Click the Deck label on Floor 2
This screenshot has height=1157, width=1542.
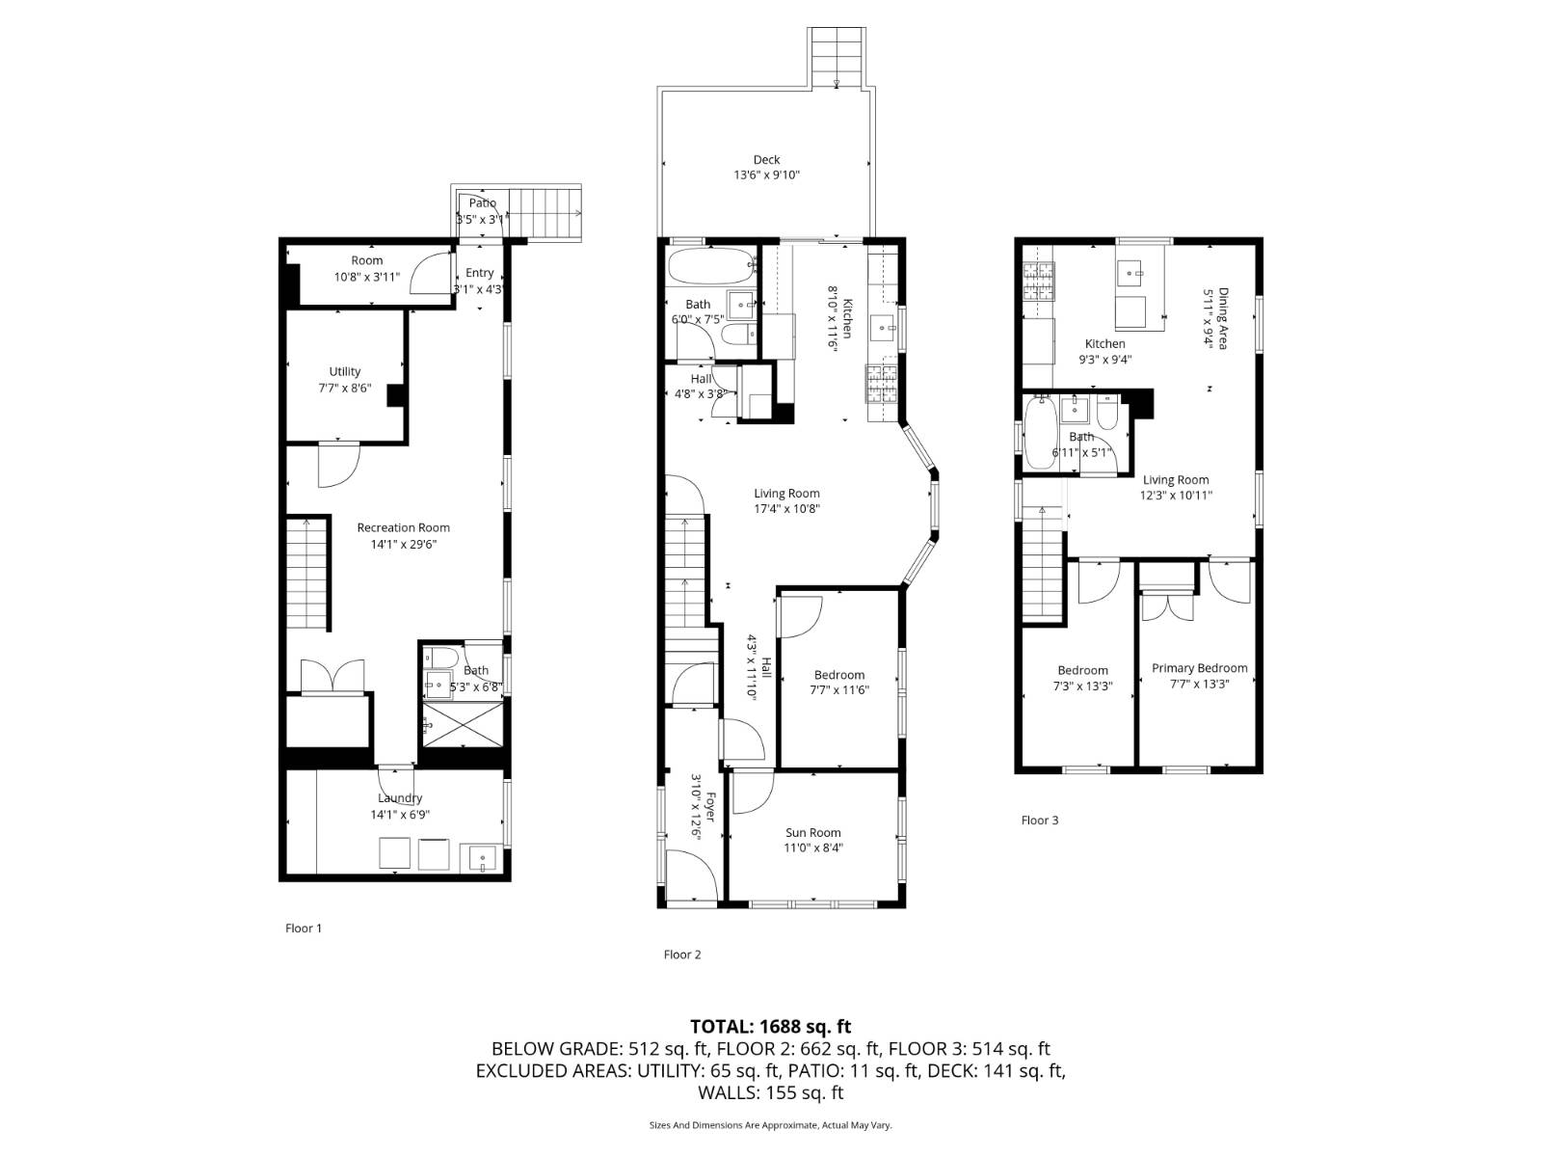pyautogui.click(x=766, y=160)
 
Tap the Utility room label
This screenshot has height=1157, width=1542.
pyautogui.click(x=344, y=371)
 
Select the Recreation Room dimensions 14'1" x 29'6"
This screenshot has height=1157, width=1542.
pyautogui.click(x=403, y=544)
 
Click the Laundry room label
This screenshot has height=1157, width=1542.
pyautogui.click(x=400, y=798)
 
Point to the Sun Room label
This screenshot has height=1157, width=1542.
pyautogui.click(x=812, y=833)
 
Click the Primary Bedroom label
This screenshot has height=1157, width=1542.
pyautogui.click(x=1199, y=668)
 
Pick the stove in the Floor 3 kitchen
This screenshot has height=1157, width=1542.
pyautogui.click(x=1038, y=280)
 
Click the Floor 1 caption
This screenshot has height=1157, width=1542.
pyautogui.click(x=303, y=928)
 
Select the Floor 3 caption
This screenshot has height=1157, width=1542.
pyautogui.click(x=1039, y=821)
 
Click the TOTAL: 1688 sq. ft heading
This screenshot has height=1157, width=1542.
pyautogui.click(x=770, y=1027)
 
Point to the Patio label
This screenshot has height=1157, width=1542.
pyautogui.click(x=482, y=203)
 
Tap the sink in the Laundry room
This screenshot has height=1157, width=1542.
pyautogui.click(x=481, y=856)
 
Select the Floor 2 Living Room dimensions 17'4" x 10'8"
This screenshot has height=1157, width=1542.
pyautogui.click(x=786, y=509)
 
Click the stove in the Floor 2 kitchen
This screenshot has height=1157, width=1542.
pyautogui.click(x=882, y=384)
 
